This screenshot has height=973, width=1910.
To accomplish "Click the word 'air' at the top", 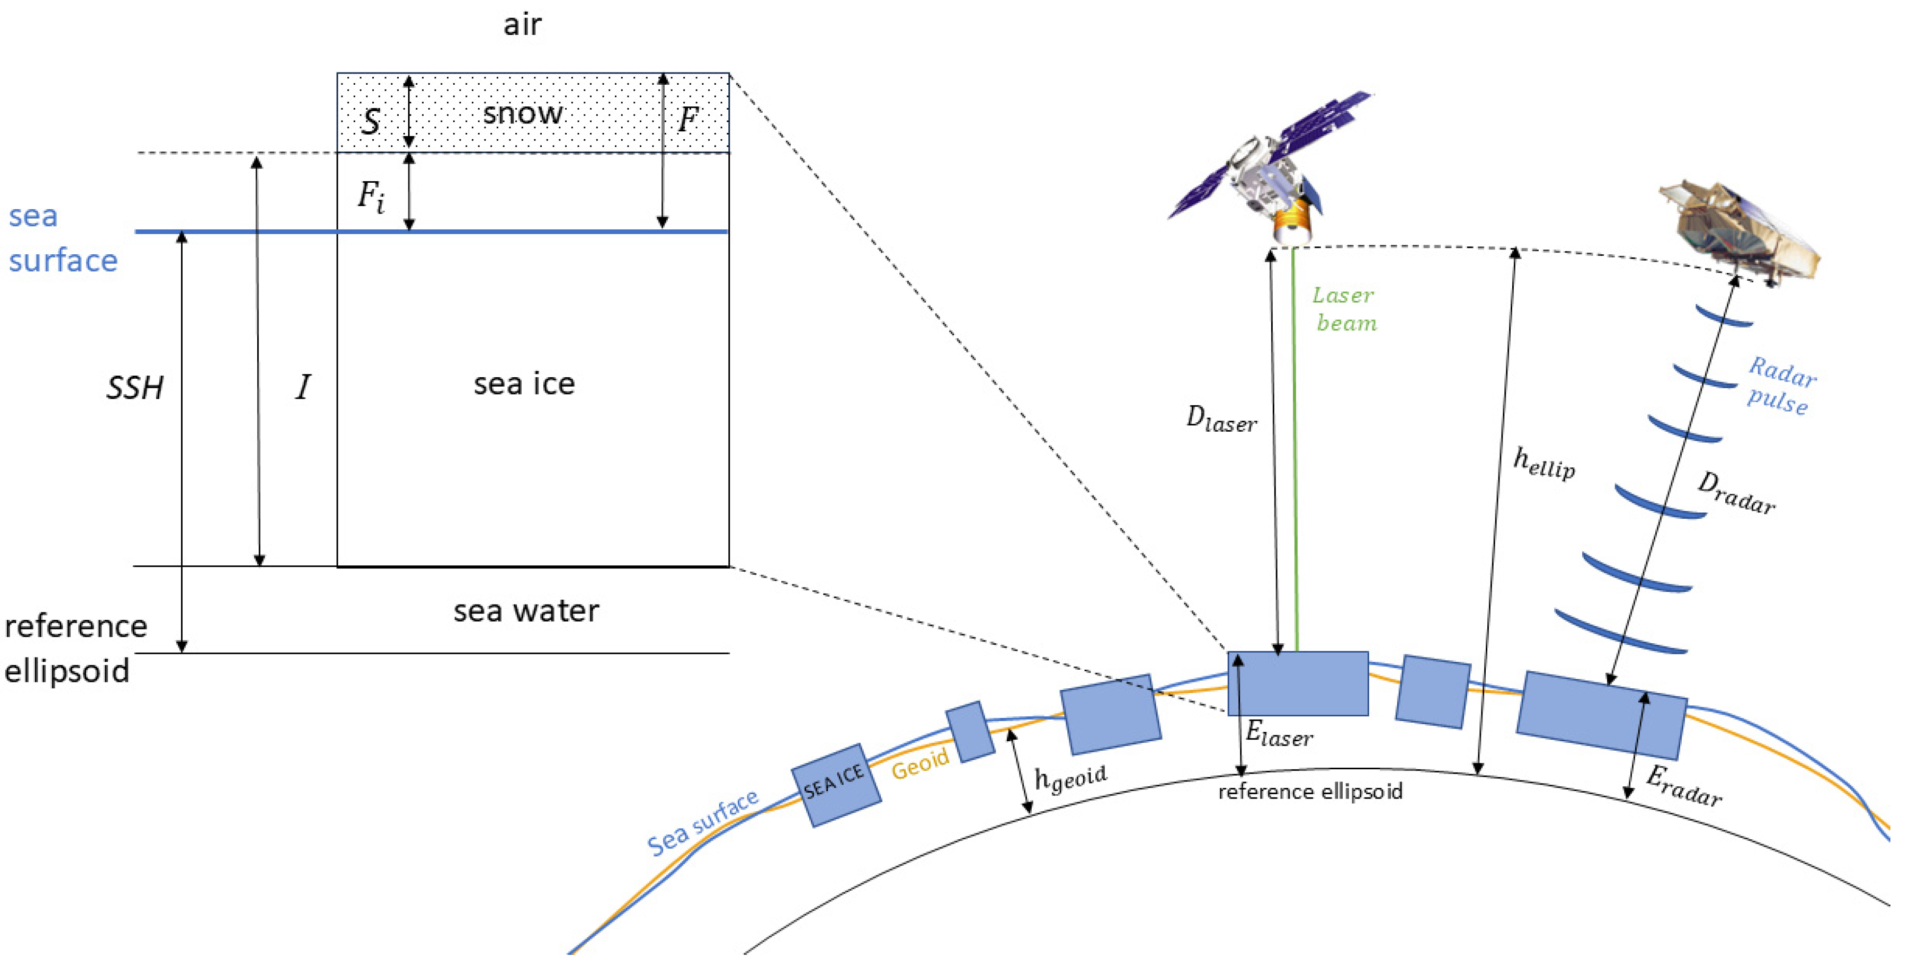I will tap(522, 24).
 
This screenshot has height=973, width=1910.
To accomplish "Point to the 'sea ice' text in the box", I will tap(524, 384).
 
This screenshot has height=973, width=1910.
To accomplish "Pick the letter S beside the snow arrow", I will tap(371, 121).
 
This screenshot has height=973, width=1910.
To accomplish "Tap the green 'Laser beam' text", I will tap(1344, 309).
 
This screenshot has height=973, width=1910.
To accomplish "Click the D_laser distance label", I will tap(1220, 420).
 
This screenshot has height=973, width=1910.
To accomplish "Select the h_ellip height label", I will tap(1543, 463).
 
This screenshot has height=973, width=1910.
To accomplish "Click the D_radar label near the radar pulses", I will tap(1736, 494).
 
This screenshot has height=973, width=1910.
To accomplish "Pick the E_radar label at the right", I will tap(1683, 786).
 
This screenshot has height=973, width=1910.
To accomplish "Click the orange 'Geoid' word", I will tap(919, 763).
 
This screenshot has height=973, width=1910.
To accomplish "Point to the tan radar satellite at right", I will tap(1739, 230).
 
